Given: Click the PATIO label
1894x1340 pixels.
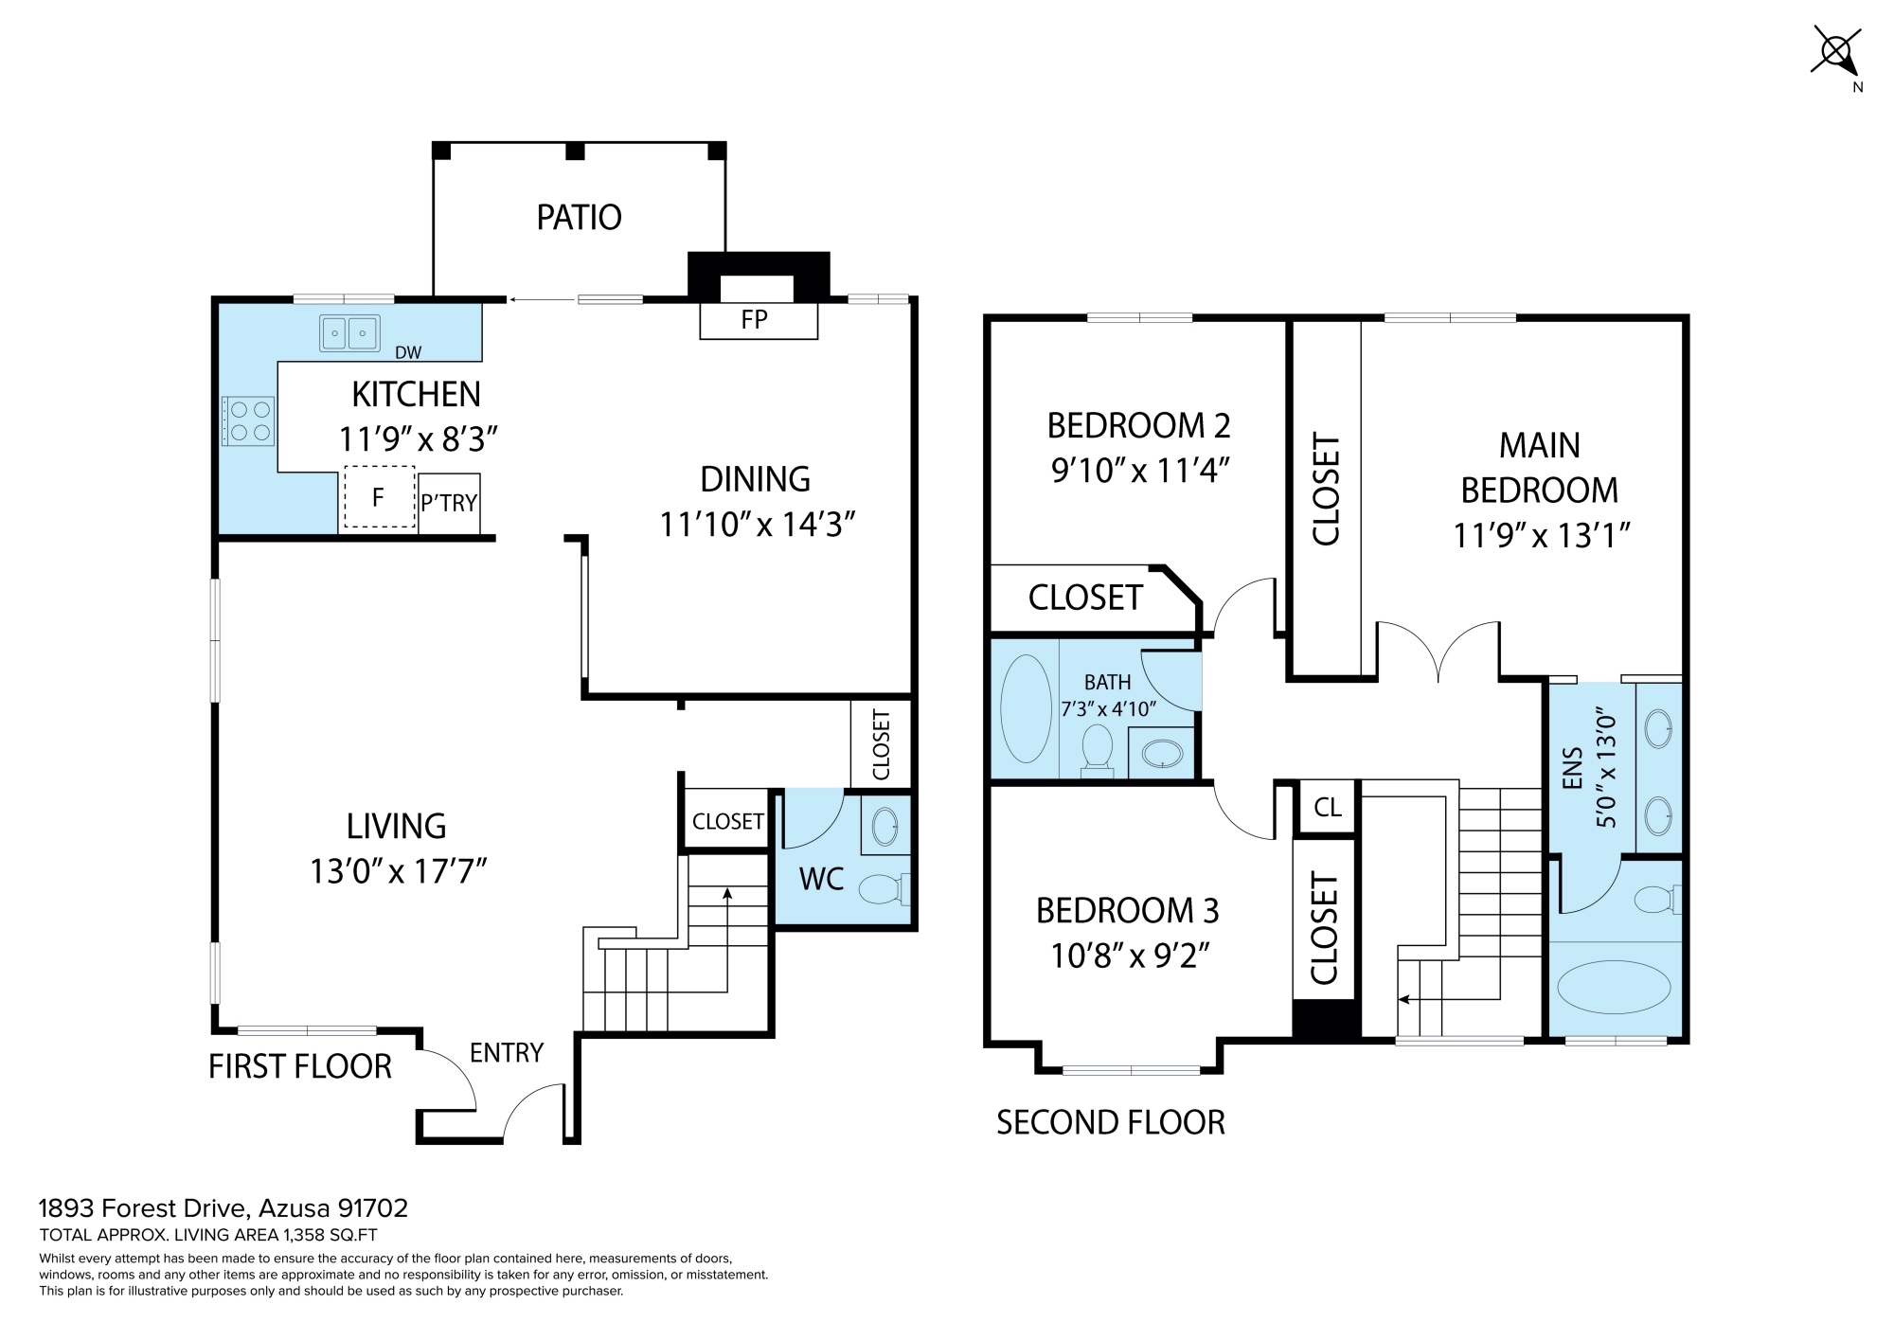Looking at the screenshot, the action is tap(579, 218).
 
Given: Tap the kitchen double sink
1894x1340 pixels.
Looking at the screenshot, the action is tap(349, 333).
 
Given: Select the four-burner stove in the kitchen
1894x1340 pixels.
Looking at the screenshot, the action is tap(248, 421).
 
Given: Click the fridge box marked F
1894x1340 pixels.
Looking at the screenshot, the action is tap(379, 497).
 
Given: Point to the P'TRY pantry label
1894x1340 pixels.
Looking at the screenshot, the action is tap(449, 503).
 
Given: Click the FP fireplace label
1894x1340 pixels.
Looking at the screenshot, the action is tap(754, 320).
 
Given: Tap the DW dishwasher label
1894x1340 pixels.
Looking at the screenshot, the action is tap(408, 352).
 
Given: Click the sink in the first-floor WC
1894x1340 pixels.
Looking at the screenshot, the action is tap(885, 825).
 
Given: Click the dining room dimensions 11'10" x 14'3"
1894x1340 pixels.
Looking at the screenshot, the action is tap(758, 524).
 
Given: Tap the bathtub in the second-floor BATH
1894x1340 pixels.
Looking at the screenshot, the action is tap(1026, 708).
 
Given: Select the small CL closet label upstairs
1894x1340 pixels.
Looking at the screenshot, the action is tap(1328, 807).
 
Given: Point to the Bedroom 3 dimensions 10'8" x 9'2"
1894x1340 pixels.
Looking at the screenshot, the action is tap(1130, 956).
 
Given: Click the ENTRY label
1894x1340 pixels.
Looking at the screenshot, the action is tap(507, 1052).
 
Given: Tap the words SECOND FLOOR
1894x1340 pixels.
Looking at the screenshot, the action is tap(1111, 1122).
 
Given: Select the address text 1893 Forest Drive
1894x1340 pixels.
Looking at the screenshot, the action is tap(143, 1208).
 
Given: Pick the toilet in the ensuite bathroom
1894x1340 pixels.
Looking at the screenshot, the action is tap(1658, 899).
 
